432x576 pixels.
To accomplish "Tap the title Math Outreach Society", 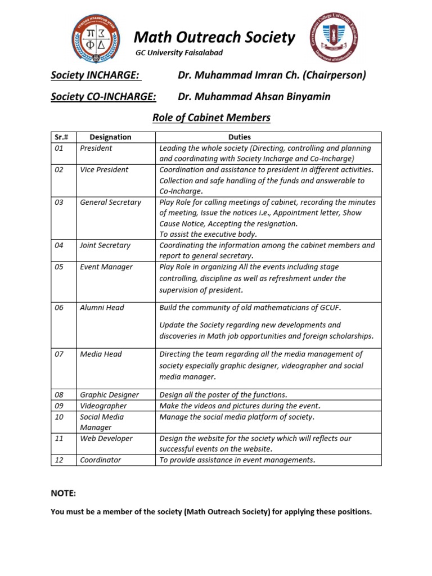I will click(x=214, y=38).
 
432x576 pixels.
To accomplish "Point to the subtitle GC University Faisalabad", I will click(x=179, y=53).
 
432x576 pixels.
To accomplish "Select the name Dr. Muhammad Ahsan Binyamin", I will click(x=254, y=97).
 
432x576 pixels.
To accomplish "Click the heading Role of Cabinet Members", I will click(x=211, y=118).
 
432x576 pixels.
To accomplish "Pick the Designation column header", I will click(x=110, y=137).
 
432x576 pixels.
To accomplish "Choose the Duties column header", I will click(x=240, y=137).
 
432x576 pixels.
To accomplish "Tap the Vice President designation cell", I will click(x=104, y=169).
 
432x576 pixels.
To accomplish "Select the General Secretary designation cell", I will click(x=110, y=202).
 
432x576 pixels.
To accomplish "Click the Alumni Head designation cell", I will click(x=102, y=308).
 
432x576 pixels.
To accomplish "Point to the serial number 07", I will click(x=60, y=354).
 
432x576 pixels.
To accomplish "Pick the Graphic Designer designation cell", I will click(x=109, y=395).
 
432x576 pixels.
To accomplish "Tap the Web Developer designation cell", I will click(x=106, y=438).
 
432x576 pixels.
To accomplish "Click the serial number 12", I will click(x=60, y=460).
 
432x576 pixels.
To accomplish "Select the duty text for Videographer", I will click(x=240, y=406).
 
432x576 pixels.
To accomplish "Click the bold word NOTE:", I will click(x=63, y=493).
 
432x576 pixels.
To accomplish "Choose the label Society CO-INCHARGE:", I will click(x=103, y=97).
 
